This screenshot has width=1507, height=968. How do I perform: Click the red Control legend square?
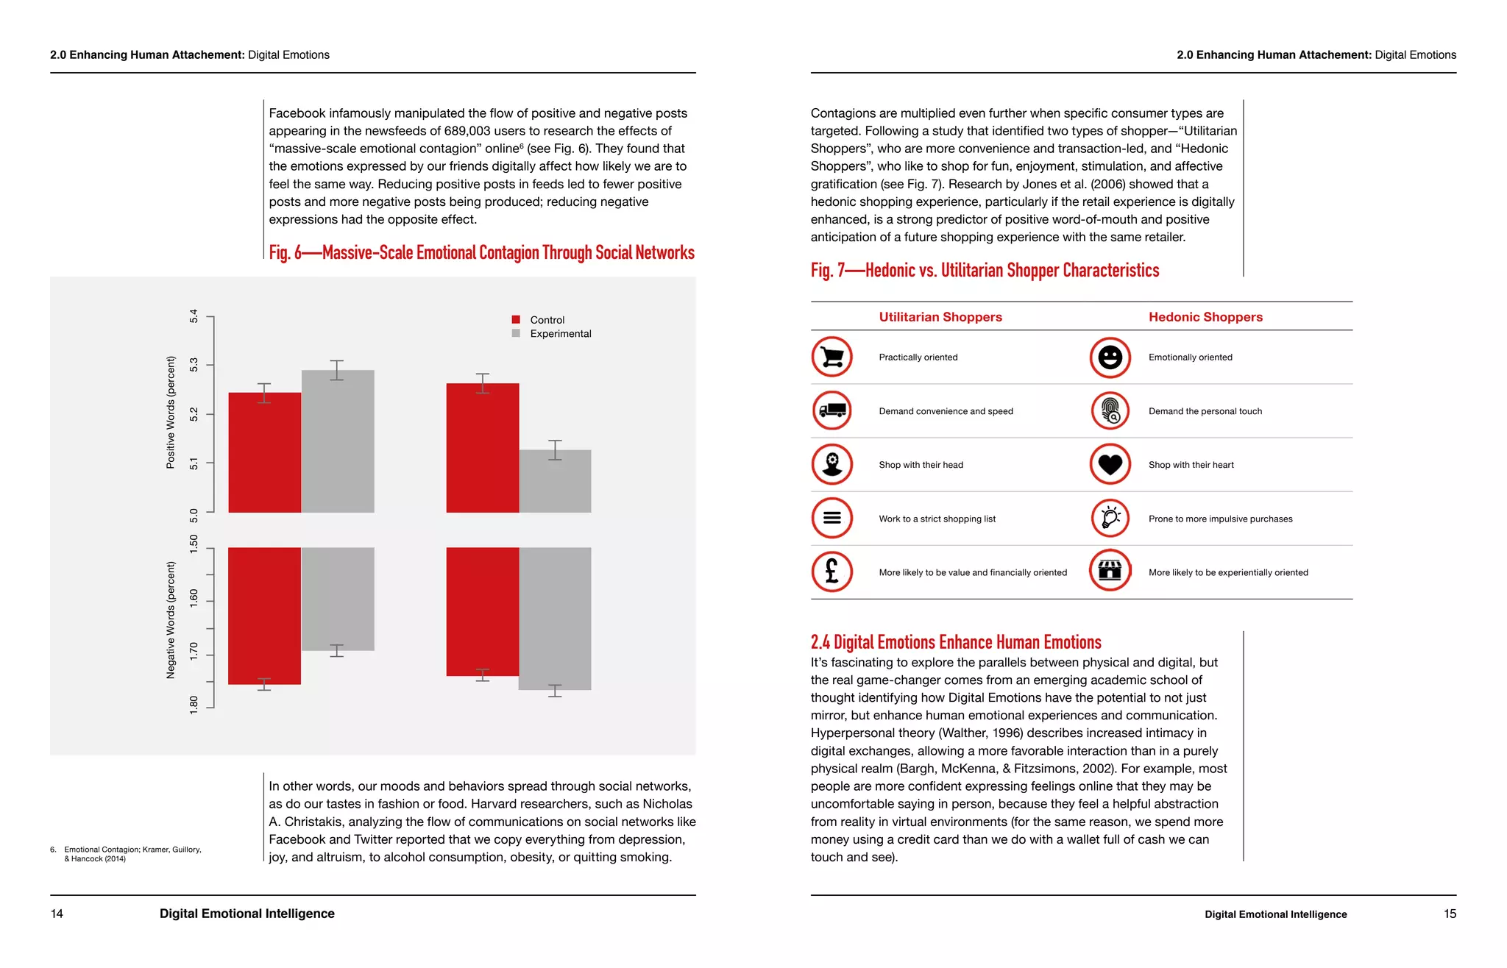(x=516, y=319)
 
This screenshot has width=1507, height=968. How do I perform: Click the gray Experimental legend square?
(x=516, y=333)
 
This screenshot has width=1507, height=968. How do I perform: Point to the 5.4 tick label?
(x=194, y=316)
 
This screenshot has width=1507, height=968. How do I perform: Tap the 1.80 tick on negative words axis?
(x=194, y=705)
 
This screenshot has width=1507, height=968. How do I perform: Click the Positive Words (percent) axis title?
(x=171, y=413)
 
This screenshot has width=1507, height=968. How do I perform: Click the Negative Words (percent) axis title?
(x=171, y=620)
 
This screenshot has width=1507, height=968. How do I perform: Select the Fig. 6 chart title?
(x=481, y=253)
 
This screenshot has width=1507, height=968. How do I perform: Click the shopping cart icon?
(x=831, y=357)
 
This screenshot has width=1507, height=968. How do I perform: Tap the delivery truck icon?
(x=831, y=410)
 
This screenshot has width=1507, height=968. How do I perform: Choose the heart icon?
(x=1110, y=464)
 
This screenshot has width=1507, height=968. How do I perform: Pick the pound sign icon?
(x=831, y=572)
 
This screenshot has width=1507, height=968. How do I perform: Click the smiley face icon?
(x=1110, y=357)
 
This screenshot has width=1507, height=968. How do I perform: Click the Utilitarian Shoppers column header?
(x=940, y=317)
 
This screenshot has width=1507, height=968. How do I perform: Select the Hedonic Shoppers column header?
(x=1205, y=317)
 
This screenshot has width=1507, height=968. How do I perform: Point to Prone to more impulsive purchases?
(x=1220, y=519)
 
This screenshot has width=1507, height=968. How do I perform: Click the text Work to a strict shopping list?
(x=937, y=519)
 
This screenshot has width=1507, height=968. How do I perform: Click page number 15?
(x=1449, y=914)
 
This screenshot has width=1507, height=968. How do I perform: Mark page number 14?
(x=57, y=914)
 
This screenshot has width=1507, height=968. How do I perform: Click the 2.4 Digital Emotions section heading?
(x=955, y=642)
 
